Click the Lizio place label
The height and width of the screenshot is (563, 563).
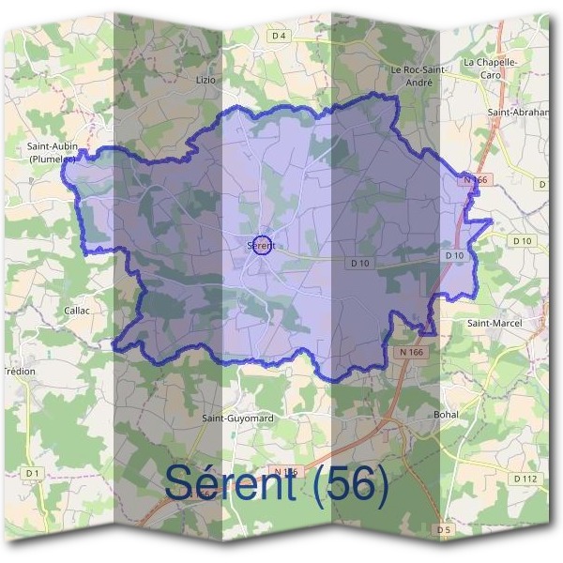click(205, 81)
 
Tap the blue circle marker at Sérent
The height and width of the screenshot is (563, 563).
click(262, 245)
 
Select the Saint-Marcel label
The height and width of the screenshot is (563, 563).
click(494, 323)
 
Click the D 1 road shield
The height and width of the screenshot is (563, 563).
click(33, 473)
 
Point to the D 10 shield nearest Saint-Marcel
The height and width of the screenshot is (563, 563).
click(522, 241)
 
